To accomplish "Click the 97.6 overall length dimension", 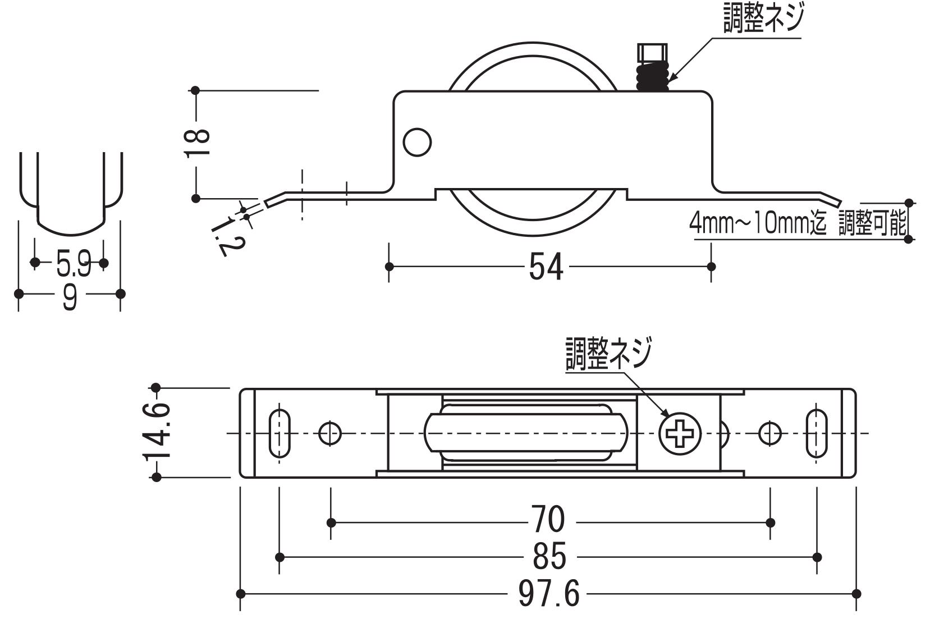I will tap(548, 594).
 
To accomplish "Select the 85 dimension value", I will tap(549, 557).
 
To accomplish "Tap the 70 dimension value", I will tap(548, 521).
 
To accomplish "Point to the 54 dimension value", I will tap(546, 266).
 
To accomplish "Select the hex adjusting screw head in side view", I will tap(652, 54).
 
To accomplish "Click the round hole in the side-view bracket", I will tap(417, 143).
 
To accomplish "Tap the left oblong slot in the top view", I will tap(280, 433).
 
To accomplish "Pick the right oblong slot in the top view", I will tap(817, 433).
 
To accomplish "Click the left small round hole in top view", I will tap(330, 433).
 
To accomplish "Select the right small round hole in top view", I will tap(770, 433).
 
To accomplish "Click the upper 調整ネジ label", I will tap(763, 18).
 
